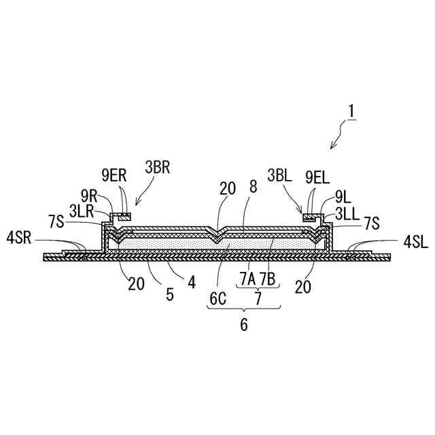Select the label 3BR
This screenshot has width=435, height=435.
157,167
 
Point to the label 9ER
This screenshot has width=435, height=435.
114,176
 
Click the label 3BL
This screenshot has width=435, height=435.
280,177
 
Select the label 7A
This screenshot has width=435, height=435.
247,279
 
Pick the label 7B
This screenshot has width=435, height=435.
267,279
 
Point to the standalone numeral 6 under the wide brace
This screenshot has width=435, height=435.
243,324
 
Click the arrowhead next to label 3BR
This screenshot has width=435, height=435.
137,203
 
